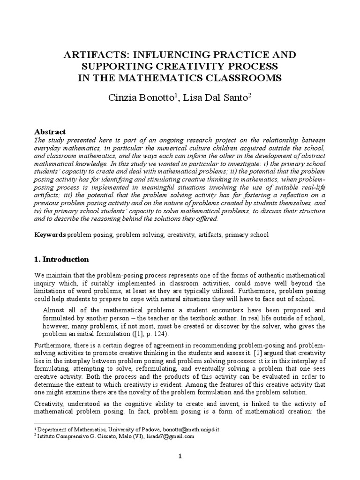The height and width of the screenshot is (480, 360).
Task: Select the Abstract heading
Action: coord(51,132)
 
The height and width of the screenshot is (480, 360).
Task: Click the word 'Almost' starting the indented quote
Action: coord(54,310)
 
